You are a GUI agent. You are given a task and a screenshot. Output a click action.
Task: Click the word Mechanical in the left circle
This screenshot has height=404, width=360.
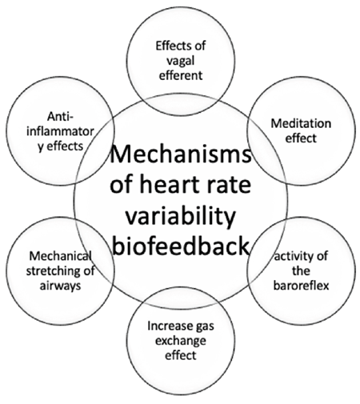[x=61, y=256]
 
